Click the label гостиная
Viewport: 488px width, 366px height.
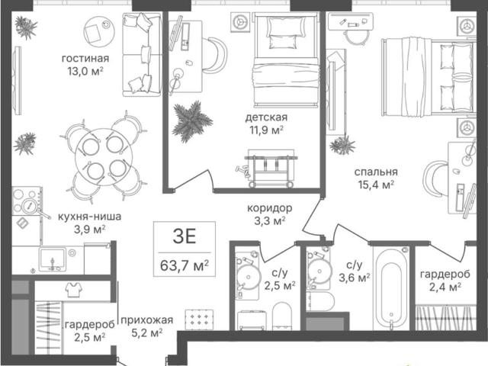pos(85,59)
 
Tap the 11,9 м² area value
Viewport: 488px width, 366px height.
pos(267,130)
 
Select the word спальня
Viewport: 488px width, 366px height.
pos(376,172)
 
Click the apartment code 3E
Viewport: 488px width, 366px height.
pos(185,236)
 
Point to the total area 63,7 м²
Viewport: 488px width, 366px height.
pos(185,266)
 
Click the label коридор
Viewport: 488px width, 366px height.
pos(269,208)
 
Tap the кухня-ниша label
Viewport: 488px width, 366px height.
pos(90,217)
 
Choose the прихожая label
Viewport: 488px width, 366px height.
pos(146,320)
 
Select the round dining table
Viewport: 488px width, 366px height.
pos(104,157)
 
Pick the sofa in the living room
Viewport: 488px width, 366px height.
pos(142,54)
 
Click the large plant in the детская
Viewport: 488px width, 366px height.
pos(191,121)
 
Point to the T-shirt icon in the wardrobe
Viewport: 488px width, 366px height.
pos(74,290)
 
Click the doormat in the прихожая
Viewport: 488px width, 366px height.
pos(199,319)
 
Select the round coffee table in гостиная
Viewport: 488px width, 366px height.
pos(99,31)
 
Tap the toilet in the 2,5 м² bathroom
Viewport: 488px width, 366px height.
pos(282,316)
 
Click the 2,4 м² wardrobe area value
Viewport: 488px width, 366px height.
pos(445,287)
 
